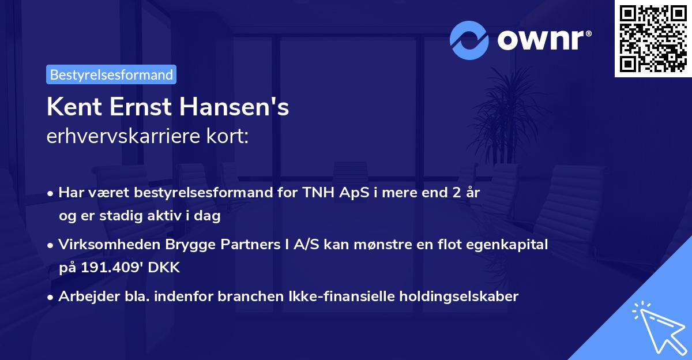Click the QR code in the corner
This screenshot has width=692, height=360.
(x=652, y=39)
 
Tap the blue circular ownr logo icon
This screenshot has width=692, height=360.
(x=469, y=40)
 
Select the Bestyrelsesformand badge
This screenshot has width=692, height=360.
(x=111, y=74)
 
